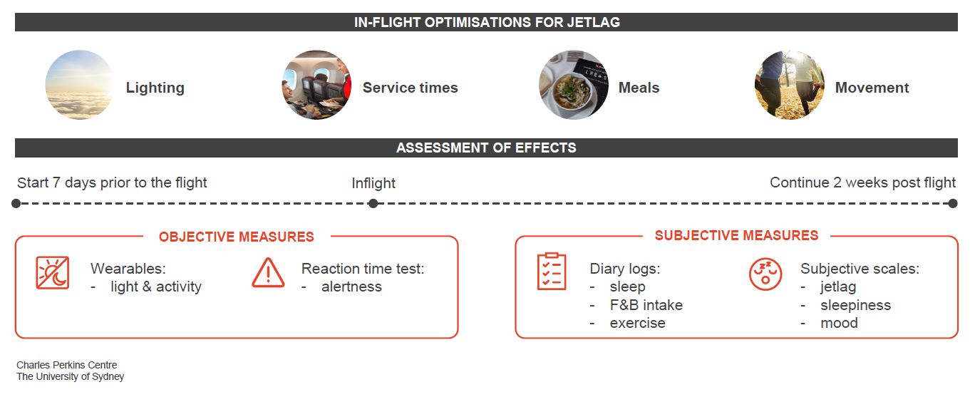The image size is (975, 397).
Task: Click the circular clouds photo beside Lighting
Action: pyautogui.click(x=79, y=85)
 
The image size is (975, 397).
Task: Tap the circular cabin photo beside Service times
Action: pyautogui.click(x=316, y=85)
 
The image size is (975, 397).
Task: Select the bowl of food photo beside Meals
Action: pyautogui.click(x=574, y=85)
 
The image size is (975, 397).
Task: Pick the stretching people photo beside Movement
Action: pyautogui.click(x=790, y=85)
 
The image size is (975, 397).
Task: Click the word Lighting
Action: pyautogui.click(x=155, y=88)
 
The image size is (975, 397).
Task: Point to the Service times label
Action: pyautogui.click(x=411, y=88)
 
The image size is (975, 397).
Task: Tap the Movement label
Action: pyautogui.click(x=872, y=88)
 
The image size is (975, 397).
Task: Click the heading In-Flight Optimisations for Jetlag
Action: pyautogui.click(x=487, y=22)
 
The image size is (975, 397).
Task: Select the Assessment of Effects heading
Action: pyautogui.click(x=486, y=148)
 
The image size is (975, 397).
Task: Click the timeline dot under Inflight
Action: pyautogui.click(x=373, y=203)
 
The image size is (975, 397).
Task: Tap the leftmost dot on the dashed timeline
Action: pyautogui.click(x=16, y=203)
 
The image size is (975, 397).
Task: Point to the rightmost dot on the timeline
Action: pyautogui.click(x=953, y=203)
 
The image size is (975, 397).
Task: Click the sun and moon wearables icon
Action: pyautogui.click(x=53, y=273)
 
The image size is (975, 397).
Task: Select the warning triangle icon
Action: pyautogui.click(x=268, y=273)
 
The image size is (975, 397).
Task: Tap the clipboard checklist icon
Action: pyautogui.click(x=552, y=271)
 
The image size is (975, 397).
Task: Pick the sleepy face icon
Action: pyautogui.click(x=765, y=274)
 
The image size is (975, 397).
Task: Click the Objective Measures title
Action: pyautogui.click(x=237, y=237)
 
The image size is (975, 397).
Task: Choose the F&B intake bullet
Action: pyautogui.click(x=646, y=305)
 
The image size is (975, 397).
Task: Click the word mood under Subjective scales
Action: pyautogui.click(x=839, y=323)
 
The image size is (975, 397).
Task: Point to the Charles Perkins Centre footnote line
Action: pyautogui.click(x=66, y=365)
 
